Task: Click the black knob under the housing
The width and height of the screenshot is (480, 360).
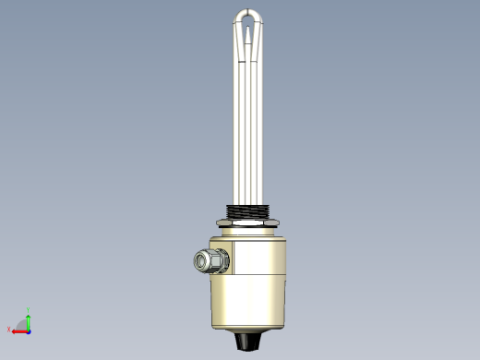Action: [246, 341]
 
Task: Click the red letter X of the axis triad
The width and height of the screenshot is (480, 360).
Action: [9, 330]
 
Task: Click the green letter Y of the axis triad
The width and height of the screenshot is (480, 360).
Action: [29, 310]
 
